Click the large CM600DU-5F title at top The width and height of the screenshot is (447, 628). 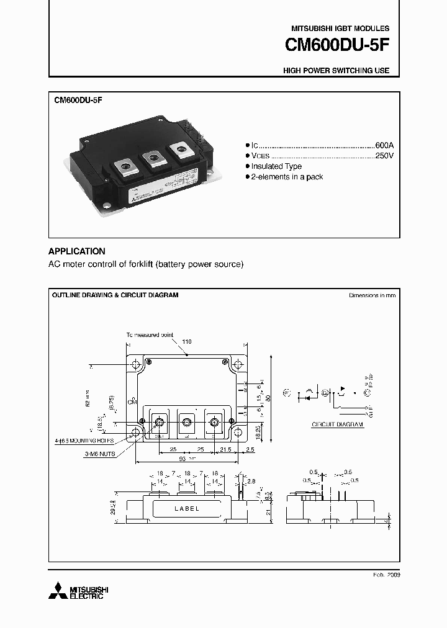[x=337, y=47]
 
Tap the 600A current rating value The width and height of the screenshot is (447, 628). [x=384, y=144]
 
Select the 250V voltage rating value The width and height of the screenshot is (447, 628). [x=384, y=155]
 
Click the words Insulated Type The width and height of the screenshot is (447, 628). [x=276, y=166]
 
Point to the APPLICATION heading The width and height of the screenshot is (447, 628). [x=76, y=251]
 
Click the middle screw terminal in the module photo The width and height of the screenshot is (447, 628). [x=153, y=159]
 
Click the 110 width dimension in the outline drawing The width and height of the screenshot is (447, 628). [x=187, y=342]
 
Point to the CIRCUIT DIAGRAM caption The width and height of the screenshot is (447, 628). [x=337, y=425]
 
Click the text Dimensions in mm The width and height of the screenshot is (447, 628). [x=372, y=295]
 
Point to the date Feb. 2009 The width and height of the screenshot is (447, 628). [x=386, y=575]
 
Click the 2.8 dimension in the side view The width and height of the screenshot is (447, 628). [x=250, y=482]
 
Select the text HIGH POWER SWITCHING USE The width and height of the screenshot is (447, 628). [x=336, y=71]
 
